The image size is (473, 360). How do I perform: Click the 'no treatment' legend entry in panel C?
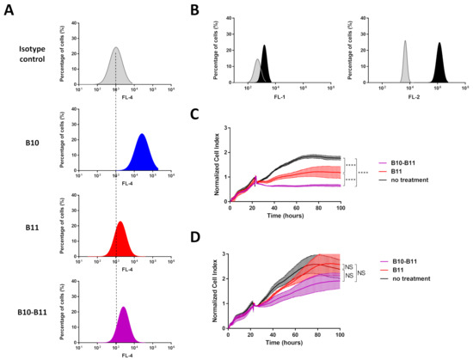(x=406, y=178)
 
